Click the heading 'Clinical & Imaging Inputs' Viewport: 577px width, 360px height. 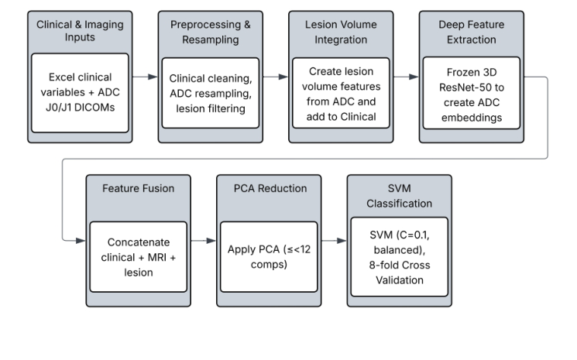pyautogui.click(x=79, y=32)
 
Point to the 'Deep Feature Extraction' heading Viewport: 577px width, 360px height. pyautogui.click(x=470, y=32)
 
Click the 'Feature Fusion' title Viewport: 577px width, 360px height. pyautogui.click(x=138, y=189)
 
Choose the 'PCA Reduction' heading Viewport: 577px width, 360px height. pyautogui.click(x=268, y=189)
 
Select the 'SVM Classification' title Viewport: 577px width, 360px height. pyautogui.click(x=399, y=196)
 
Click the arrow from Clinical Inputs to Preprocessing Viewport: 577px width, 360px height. pyautogui.click(x=144, y=77)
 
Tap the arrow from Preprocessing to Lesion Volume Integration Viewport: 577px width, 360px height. pyautogui.click(x=274, y=77)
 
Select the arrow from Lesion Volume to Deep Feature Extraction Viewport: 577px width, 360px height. pyautogui.click(x=405, y=77)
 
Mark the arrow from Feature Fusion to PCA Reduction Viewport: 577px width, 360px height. pyautogui.click(x=203, y=242)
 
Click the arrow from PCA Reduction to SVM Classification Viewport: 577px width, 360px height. pyautogui.click(x=333, y=242)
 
